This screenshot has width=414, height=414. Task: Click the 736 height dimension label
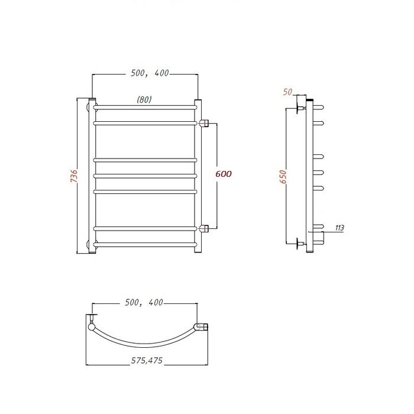(x=74, y=176)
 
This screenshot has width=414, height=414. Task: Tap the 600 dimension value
(x=224, y=174)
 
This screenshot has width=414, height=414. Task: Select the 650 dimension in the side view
(x=283, y=177)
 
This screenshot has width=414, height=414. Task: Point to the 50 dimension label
(x=287, y=92)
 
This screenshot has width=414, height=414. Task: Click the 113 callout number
(x=339, y=228)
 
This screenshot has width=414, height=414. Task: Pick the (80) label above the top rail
(x=144, y=99)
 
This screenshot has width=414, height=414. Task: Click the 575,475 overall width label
(x=147, y=360)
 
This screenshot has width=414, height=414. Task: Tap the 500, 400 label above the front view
(x=150, y=73)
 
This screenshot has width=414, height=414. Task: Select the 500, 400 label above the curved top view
(x=144, y=302)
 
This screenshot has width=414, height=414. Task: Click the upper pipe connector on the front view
(x=204, y=123)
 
